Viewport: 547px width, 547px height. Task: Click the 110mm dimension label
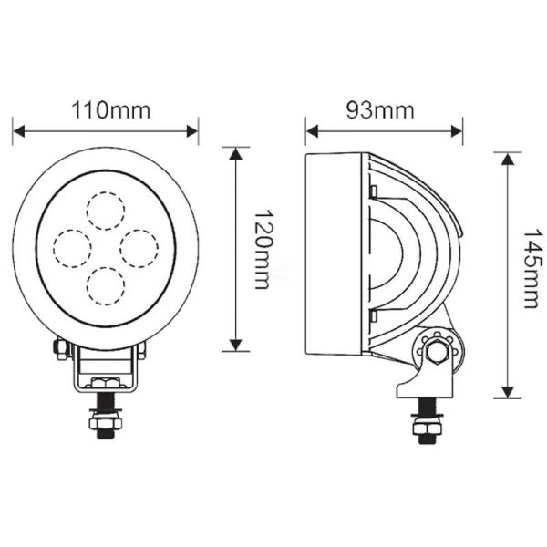[107, 110]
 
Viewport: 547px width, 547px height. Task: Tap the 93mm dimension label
[381, 110]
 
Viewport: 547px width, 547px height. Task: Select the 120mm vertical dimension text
[262, 249]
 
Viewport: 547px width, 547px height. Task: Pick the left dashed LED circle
[71, 246]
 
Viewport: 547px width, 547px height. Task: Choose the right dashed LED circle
[139, 246]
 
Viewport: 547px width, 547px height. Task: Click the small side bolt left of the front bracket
[59, 348]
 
